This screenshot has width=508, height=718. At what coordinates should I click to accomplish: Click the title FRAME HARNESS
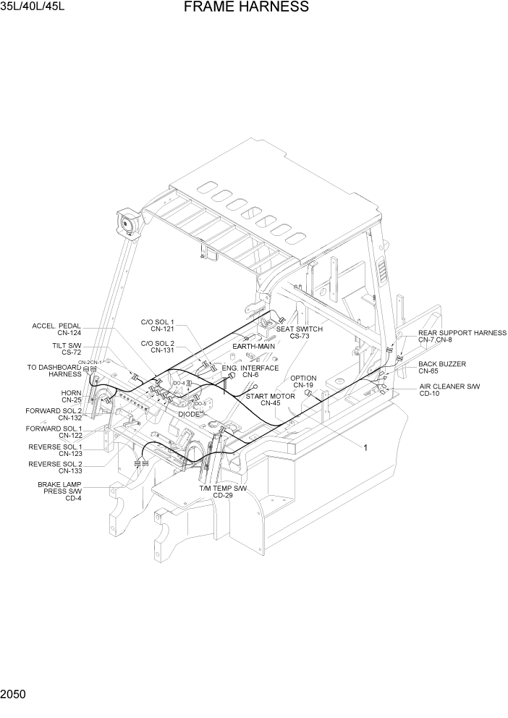(246, 8)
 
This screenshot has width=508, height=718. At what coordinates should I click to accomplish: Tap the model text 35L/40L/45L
(35, 8)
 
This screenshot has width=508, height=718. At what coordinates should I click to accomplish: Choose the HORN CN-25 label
(71, 396)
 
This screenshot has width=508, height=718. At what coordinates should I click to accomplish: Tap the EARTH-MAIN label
(253, 347)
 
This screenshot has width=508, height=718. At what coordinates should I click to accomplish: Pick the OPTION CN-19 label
(303, 381)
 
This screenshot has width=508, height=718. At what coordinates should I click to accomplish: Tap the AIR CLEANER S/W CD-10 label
(449, 391)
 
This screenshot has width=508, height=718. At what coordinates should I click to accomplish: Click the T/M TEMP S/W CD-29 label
(223, 492)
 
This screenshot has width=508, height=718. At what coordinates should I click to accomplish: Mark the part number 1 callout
(365, 448)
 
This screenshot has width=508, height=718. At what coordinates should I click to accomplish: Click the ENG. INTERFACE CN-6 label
(250, 371)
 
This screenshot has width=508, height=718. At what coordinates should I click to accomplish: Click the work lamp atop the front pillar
(128, 221)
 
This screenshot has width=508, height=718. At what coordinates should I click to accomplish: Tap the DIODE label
(190, 414)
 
